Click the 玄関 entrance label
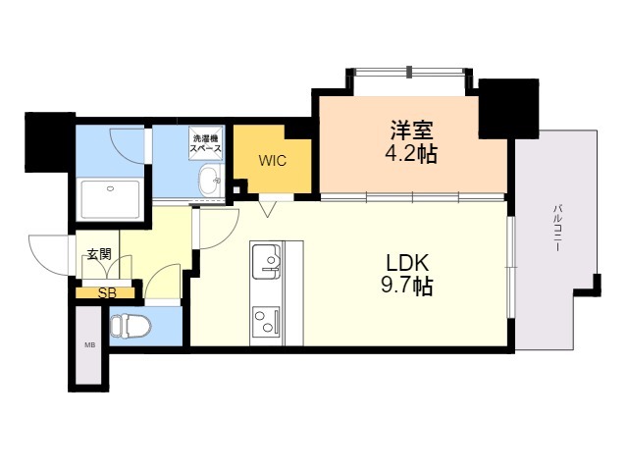click(x=98, y=255)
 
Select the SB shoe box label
click(x=105, y=291)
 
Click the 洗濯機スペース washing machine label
click(x=206, y=143)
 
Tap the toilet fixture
click(x=131, y=326)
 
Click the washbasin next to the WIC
click(x=209, y=181)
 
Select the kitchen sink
click(x=267, y=262)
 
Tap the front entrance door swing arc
click(x=49, y=257)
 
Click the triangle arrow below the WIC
click(x=267, y=207)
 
